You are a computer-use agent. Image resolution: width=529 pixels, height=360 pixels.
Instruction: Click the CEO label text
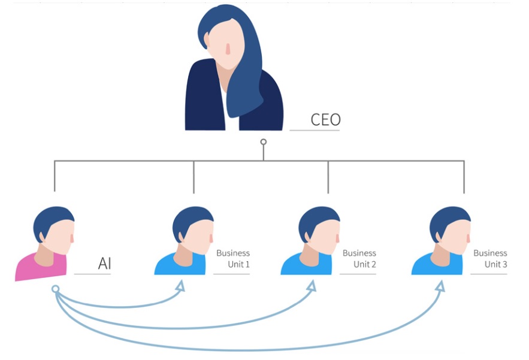(x=325, y=119)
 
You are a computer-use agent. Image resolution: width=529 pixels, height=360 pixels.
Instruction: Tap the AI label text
(x=105, y=263)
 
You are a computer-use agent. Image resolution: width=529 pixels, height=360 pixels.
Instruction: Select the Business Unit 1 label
(x=233, y=258)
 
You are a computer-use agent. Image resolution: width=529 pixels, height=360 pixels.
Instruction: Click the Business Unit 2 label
(x=359, y=258)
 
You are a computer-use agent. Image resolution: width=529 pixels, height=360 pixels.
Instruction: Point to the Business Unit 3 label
(x=490, y=258)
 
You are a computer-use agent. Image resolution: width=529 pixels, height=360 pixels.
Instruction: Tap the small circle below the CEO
(x=264, y=142)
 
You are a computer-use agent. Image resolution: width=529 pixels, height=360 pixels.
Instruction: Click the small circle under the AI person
(x=56, y=289)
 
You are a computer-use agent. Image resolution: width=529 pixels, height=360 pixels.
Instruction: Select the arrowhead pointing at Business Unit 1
(x=180, y=286)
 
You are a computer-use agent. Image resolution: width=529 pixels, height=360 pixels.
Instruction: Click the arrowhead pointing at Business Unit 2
(x=312, y=286)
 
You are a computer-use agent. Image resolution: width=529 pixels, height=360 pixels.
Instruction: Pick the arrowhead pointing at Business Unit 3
(x=440, y=286)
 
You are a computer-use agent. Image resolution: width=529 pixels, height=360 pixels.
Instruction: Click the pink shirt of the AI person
(x=41, y=267)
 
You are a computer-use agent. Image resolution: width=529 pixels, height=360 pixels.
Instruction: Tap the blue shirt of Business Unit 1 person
(x=180, y=264)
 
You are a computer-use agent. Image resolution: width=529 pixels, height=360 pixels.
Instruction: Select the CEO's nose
(x=228, y=49)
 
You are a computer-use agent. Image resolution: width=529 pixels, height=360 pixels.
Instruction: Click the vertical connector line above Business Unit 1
(x=194, y=177)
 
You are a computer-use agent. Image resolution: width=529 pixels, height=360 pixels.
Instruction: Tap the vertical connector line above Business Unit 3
(x=464, y=177)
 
